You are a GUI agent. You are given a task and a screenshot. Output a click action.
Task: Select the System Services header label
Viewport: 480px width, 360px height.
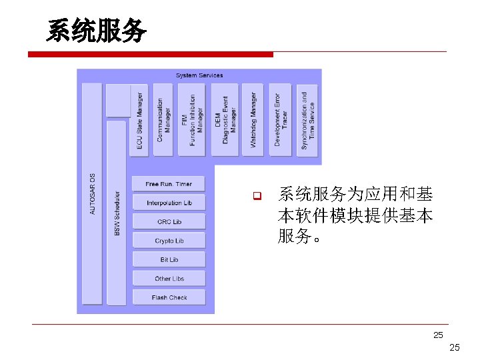pyautogui.click(x=199, y=75)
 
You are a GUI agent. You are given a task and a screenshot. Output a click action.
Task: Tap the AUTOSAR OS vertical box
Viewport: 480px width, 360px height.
pyautogui.click(x=92, y=193)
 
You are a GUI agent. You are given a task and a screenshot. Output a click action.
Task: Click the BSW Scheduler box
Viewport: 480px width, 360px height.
pyautogui.click(x=117, y=212)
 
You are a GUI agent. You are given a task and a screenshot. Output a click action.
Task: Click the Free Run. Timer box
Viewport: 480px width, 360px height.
pyautogui.click(x=169, y=184)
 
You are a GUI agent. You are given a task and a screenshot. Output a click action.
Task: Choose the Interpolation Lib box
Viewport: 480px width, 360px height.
pyautogui.click(x=169, y=203)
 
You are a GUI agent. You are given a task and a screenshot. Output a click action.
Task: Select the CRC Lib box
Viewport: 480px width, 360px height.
pyautogui.click(x=169, y=221)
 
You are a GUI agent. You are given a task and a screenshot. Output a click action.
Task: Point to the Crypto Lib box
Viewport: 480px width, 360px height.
pyautogui.click(x=169, y=241)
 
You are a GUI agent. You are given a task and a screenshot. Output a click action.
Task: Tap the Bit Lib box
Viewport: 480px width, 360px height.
pyautogui.click(x=169, y=259)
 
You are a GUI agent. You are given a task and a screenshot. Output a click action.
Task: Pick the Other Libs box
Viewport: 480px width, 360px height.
pyautogui.click(x=169, y=279)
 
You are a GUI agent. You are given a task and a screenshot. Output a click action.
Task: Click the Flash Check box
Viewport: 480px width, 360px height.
pyautogui.click(x=169, y=297)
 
